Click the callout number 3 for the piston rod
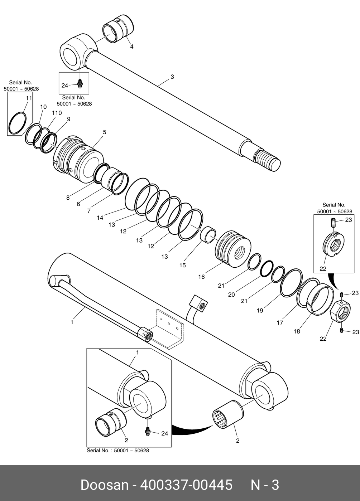pos(172,77)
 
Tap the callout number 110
pos(57,113)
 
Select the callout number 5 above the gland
pos(105,132)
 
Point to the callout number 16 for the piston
pos(201,277)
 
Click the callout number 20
pos(231,295)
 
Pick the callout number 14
pos(100,218)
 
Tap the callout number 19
pos(260,311)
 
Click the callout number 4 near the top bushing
pos(132,47)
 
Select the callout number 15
pos(182,265)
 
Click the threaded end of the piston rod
pos(268,160)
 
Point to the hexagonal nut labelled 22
pos(341,312)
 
